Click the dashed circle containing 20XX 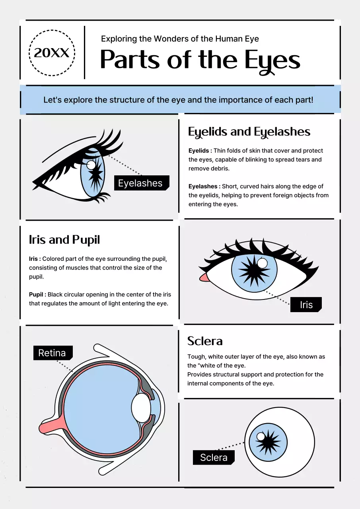(52, 52)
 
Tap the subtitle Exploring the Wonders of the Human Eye (180, 39)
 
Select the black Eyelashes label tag (141, 183)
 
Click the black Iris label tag (306, 305)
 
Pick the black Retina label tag (52, 353)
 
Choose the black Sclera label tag (214, 457)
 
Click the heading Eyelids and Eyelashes (249, 132)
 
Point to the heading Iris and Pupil (64, 240)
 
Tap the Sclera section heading (205, 341)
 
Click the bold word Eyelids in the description (199, 151)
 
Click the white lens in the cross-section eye (141, 408)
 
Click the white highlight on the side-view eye (91, 165)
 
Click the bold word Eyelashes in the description (203, 186)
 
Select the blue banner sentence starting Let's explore (178, 99)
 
